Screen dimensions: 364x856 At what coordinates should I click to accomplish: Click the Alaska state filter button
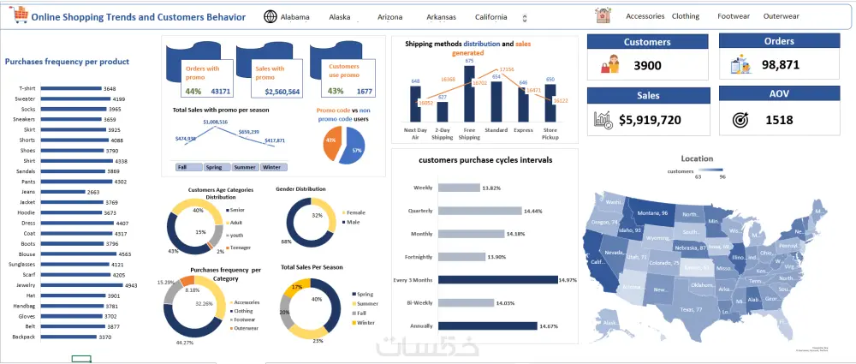[340, 16]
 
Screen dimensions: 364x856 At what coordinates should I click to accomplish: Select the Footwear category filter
[733, 16]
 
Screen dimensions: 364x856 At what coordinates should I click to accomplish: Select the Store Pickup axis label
[550, 133]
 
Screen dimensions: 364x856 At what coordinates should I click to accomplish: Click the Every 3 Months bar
[497, 279]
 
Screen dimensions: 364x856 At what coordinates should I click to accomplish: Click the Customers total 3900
[648, 66]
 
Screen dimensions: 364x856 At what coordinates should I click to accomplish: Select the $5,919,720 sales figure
[649, 121]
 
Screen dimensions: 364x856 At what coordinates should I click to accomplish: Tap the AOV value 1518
[780, 121]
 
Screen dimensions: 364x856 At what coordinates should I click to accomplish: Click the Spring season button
[214, 167]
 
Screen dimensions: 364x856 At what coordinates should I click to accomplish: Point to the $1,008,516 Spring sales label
[215, 122]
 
